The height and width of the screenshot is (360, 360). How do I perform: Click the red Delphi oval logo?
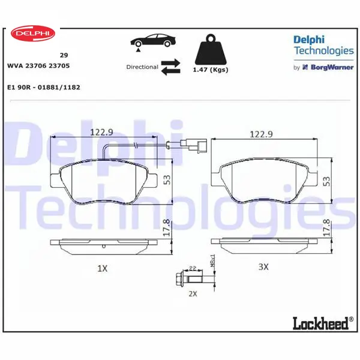[33, 33]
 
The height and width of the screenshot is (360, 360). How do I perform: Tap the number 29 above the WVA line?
[64, 55]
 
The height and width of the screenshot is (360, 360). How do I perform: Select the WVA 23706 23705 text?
[38, 65]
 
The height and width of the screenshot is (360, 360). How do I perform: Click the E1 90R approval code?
[44, 87]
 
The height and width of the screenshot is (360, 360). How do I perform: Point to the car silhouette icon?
[153, 41]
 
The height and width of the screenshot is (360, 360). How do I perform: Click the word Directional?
[142, 67]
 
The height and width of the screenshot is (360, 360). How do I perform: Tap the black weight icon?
[211, 50]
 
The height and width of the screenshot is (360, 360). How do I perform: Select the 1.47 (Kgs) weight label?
[211, 70]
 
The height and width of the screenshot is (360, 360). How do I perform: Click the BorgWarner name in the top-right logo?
[332, 67]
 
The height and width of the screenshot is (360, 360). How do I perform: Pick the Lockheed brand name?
[321, 323]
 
